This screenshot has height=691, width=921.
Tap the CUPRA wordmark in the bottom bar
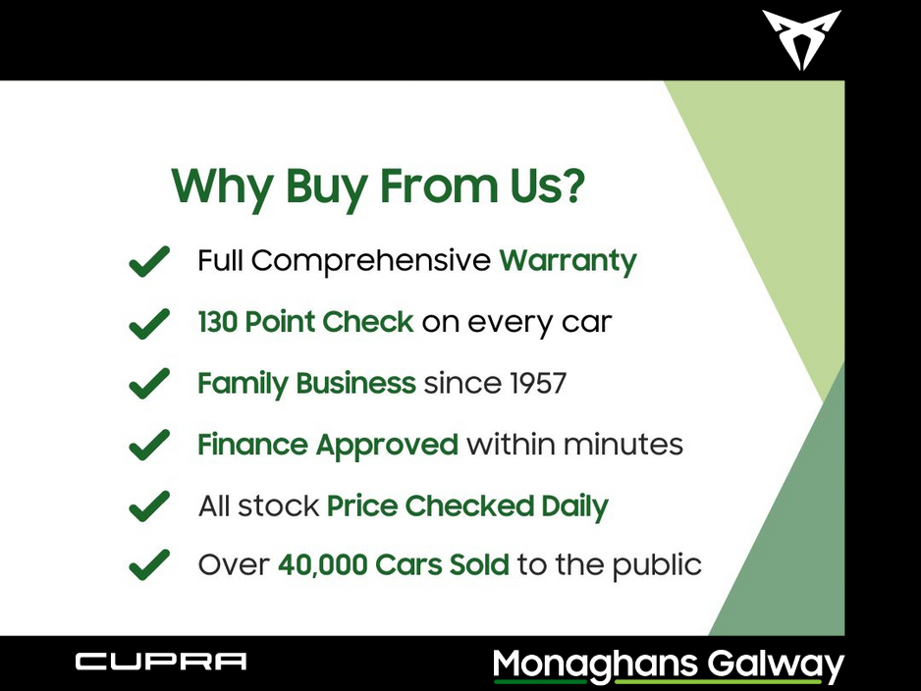pyautogui.click(x=161, y=662)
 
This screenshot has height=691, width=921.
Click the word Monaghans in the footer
pyautogui.click(x=595, y=665)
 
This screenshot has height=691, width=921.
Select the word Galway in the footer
pyautogui.click(x=776, y=665)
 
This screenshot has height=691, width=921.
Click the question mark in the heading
pyautogui.click(x=573, y=186)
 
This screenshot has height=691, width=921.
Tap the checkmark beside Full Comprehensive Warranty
pyautogui.click(x=149, y=261)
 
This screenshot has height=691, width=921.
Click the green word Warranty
pyautogui.click(x=568, y=261)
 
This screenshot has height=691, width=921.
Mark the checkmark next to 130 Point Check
pyautogui.click(x=149, y=324)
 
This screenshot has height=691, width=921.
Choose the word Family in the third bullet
pyautogui.click(x=243, y=385)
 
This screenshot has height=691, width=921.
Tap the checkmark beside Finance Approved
pyautogui.click(x=149, y=445)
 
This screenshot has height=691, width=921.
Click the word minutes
pyautogui.click(x=623, y=445)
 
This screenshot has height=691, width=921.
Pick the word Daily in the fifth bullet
pyautogui.click(x=574, y=507)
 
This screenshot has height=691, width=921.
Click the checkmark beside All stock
pyautogui.click(x=149, y=506)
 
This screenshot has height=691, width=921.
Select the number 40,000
pyautogui.click(x=323, y=565)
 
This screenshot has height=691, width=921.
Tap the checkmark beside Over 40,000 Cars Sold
pyautogui.click(x=149, y=564)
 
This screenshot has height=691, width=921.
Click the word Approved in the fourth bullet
pyautogui.click(x=387, y=447)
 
